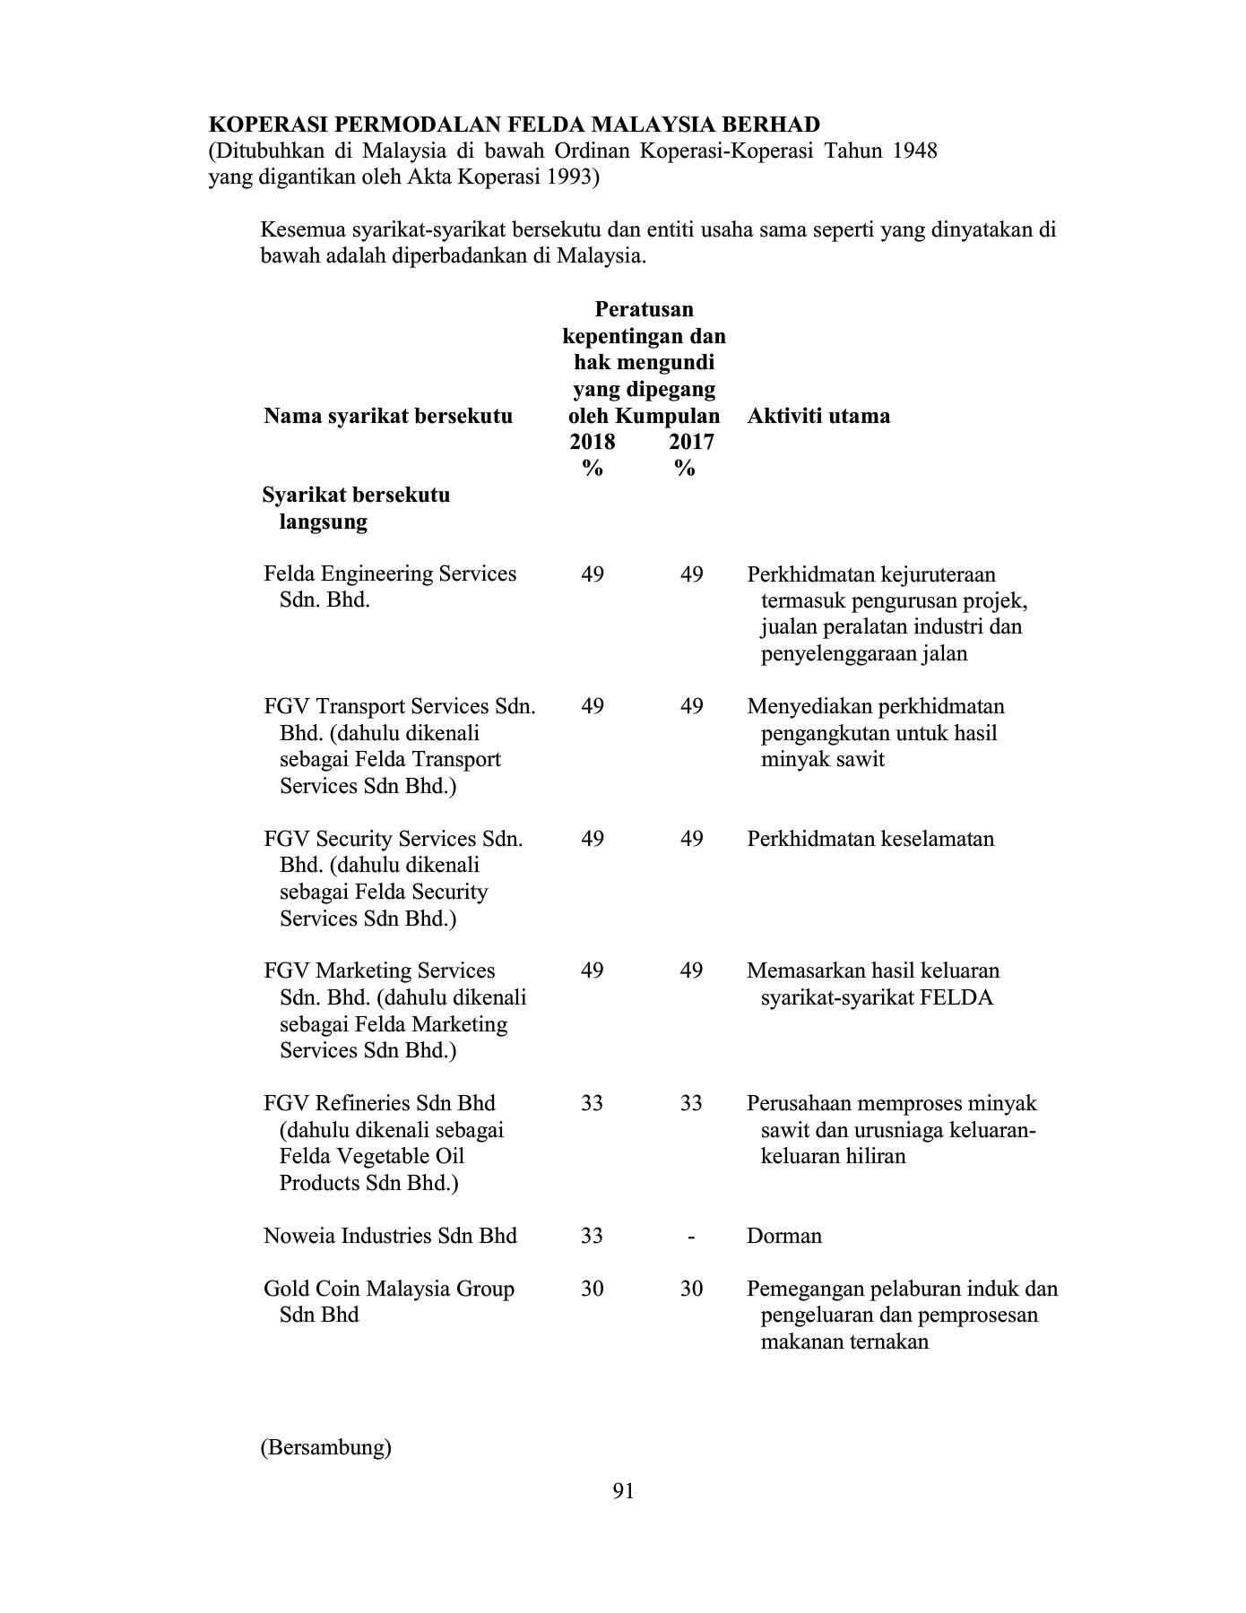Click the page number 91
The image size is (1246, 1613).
623,1491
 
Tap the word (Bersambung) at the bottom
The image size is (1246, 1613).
326,1447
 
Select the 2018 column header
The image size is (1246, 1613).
592,442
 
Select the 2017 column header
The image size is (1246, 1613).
691,442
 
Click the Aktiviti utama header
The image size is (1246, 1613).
818,416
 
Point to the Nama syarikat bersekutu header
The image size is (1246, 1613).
388,416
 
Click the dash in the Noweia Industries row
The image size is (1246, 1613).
690,1237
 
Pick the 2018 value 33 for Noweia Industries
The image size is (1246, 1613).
592,1236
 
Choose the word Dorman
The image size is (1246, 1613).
784,1236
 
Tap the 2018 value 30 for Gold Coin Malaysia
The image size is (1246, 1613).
592,1289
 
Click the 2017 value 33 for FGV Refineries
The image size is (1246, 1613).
691,1103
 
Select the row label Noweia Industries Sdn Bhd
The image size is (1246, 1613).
390,1236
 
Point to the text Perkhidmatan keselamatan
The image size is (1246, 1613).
870,839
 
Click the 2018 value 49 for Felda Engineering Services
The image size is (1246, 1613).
592,574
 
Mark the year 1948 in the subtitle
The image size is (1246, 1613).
915,151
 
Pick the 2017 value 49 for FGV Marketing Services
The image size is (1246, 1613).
691,970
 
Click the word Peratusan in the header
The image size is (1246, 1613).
644,309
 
